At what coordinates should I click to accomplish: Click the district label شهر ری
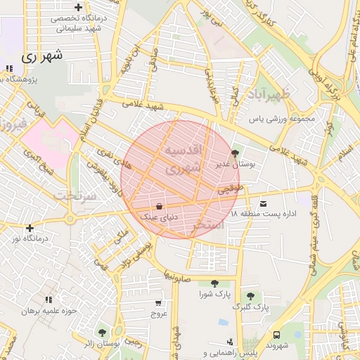(43, 56)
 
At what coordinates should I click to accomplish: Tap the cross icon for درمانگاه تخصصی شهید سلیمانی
(79, 7)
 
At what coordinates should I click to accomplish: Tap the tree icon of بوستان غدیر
(234, 152)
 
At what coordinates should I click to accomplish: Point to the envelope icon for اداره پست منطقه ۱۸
(264, 202)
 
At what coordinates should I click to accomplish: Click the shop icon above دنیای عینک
(160, 207)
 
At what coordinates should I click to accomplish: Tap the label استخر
(209, 227)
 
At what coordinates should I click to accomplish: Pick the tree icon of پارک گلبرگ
(250, 296)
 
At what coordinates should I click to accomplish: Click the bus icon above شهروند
(277, 335)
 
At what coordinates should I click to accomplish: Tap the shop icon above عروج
(159, 304)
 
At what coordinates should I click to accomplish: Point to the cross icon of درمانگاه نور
(29, 228)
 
